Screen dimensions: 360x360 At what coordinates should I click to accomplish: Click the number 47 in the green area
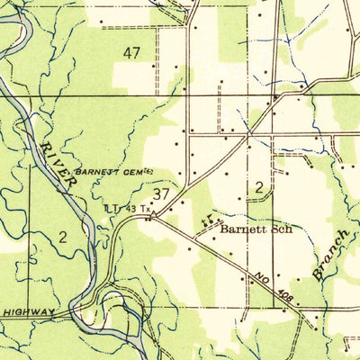[x=132, y=53]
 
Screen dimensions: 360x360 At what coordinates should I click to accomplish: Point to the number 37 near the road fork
[x=162, y=193]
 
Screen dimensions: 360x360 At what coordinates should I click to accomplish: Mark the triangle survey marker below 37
[x=150, y=216]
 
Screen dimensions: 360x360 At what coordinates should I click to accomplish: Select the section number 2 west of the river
[x=63, y=237]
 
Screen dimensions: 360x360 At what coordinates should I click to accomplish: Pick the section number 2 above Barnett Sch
[x=258, y=186]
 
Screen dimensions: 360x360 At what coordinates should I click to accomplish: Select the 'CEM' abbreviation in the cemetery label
[x=138, y=171]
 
